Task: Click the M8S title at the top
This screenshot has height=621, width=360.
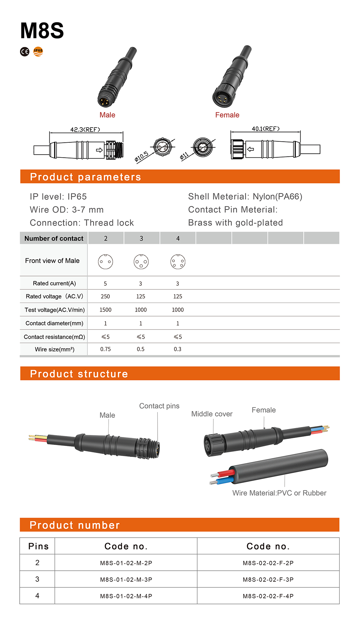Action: [x=42, y=31]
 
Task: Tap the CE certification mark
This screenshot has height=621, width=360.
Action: [x=25, y=52]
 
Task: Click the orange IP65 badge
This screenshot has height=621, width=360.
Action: [x=38, y=51]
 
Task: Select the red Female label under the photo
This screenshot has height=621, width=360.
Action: [x=227, y=115]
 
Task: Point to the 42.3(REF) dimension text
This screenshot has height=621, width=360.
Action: [x=85, y=130]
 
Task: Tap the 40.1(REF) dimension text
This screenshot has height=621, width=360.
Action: [x=265, y=129]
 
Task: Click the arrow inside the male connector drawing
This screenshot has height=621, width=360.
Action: [x=99, y=150]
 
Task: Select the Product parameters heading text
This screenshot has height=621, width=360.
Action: [x=85, y=177]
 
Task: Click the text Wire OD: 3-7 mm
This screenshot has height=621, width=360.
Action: [x=67, y=210]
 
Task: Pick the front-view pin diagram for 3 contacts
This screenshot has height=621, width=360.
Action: [x=141, y=262]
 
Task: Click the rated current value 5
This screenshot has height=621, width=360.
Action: [x=105, y=284]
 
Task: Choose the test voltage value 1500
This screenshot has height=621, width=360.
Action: [x=105, y=310]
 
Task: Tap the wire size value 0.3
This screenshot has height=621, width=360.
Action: [x=177, y=349]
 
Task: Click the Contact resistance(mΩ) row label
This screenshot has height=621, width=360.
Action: [x=54, y=337]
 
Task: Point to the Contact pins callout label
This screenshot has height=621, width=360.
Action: [x=159, y=406]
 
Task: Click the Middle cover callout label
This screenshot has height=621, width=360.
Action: [x=212, y=414]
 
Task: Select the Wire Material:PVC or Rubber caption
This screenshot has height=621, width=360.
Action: [x=279, y=493]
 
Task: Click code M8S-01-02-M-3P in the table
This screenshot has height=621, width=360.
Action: [x=126, y=580]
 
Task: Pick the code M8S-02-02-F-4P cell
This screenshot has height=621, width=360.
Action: [x=268, y=596]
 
